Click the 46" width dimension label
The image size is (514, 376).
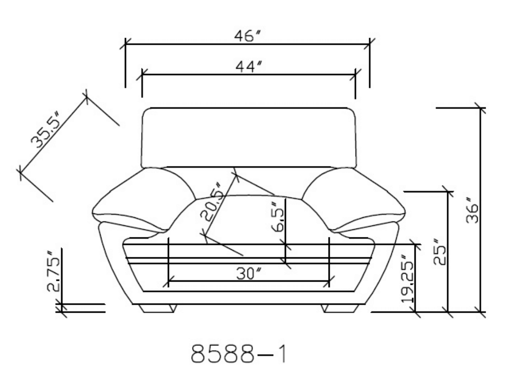[x=248, y=35]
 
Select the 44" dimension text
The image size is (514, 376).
[x=249, y=66]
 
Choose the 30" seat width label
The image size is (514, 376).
[x=249, y=273]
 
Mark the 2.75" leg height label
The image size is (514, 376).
[x=54, y=271]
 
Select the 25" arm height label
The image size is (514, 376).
[x=440, y=251]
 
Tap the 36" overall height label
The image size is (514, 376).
[x=472, y=210]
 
